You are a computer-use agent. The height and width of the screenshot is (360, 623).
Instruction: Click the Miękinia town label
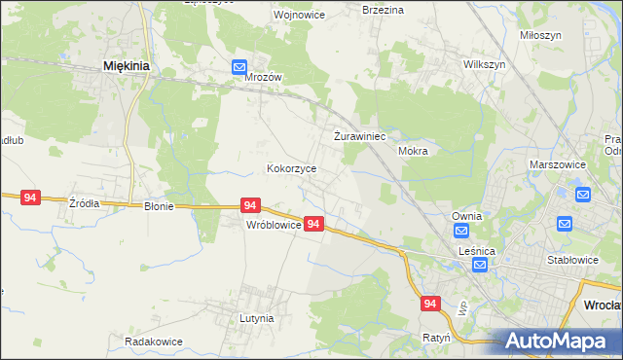[x=126, y=66]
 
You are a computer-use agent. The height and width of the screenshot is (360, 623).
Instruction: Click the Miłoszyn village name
[x=540, y=33]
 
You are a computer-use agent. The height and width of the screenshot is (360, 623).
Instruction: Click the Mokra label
[x=414, y=152]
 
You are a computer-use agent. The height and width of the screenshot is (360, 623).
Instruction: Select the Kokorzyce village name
[x=292, y=168]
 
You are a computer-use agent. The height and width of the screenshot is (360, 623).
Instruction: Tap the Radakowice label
[x=154, y=342]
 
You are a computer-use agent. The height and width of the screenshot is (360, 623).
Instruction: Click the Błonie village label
[x=159, y=206]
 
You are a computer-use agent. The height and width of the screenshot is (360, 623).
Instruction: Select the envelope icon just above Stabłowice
[x=565, y=225]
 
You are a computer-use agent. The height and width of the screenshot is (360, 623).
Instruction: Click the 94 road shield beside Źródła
[x=30, y=198]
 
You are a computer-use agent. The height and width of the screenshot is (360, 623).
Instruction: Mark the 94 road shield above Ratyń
[x=431, y=305]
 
